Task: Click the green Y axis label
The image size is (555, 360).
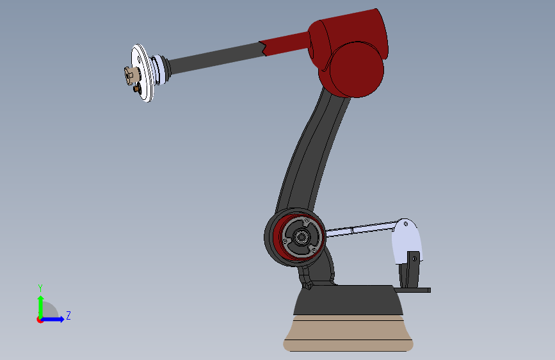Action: [x=40, y=288]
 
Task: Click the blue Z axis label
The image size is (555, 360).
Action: [x=68, y=315]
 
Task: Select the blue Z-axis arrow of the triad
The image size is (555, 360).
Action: [x=53, y=319]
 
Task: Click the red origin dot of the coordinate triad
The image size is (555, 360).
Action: [x=40, y=320]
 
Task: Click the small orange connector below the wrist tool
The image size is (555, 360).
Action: [x=136, y=88]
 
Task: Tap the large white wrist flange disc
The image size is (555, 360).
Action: [x=143, y=72]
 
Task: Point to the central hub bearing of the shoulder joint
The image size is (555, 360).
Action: [x=302, y=237]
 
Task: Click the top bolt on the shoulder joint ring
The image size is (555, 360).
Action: [x=307, y=220]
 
